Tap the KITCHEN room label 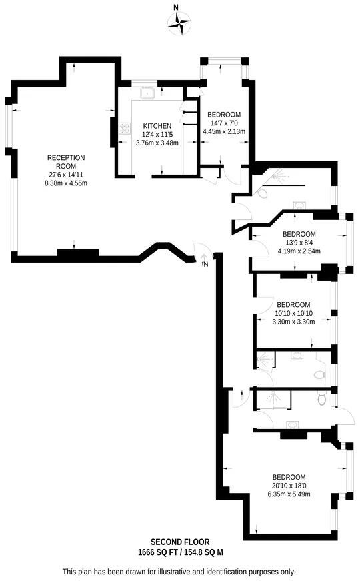pos(157,126)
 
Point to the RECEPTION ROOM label pos(65,161)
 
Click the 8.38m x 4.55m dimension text pos(65,183)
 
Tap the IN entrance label pos(204,265)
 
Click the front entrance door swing pos(201,249)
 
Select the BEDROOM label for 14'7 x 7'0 pos(224,115)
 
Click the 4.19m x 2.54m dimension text pos(299,251)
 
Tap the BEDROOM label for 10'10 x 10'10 pos(293,304)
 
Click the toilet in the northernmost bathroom pos(262,193)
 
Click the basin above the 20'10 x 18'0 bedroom pos(292,424)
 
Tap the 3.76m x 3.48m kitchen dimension pos(157,142)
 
